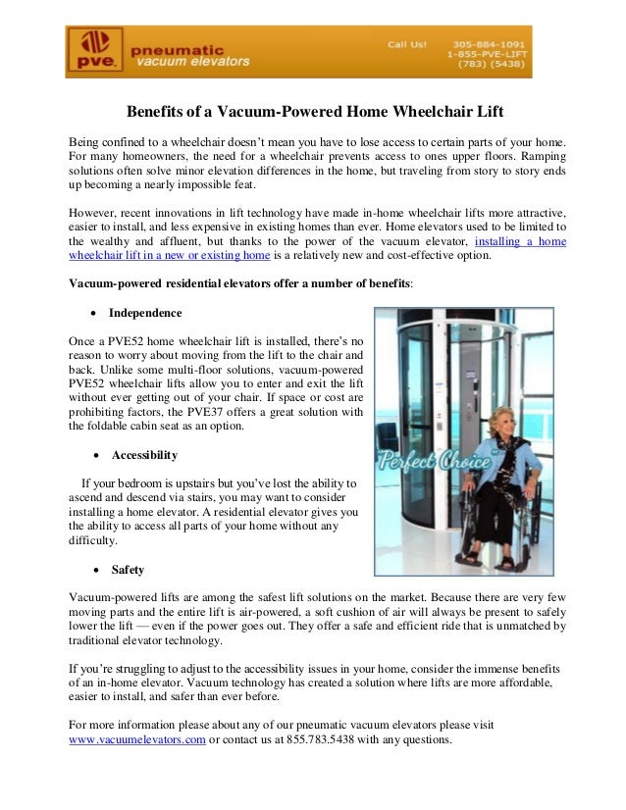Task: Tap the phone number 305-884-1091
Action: pyautogui.click(x=489, y=44)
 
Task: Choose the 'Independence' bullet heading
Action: pyautogui.click(x=145, y=313)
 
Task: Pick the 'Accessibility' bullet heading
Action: pyautogui.click(x=144, y=454)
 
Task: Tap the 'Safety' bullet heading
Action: pyautogui.click(x=128, y=568)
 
